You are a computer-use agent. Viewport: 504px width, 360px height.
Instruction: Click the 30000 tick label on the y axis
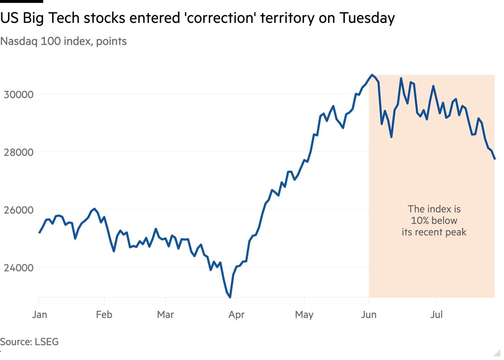tap(19, 94)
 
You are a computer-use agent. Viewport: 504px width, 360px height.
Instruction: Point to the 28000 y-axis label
tap(19, 152)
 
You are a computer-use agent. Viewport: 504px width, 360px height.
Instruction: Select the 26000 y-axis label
tap(19, 210)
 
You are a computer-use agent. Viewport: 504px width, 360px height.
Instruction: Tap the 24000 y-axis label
tap(19, 268)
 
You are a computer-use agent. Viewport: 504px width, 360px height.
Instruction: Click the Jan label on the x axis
tap(40, 315)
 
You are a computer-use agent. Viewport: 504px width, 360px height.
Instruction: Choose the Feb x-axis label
tap(104, 315)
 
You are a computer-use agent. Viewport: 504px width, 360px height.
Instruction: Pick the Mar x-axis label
tap(165, 315)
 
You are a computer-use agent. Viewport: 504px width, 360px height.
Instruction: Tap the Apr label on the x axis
tap(237, 315)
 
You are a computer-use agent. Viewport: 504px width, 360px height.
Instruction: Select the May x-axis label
tap(304, 315)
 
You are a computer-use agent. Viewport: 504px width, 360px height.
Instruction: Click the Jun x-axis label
tap(369, 315)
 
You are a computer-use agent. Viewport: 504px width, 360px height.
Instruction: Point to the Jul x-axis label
tap(436, 315)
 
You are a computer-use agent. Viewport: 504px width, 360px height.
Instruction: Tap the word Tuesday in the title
tap(367, 18)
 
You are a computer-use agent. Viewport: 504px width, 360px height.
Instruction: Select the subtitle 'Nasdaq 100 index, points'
tap(63, 41)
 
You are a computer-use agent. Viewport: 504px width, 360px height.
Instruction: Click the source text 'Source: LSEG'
tap(29, 342)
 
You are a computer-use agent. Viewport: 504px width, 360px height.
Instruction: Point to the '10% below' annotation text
tap(434, 220)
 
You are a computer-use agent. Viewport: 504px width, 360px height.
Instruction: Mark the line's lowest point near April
tap(230, 297)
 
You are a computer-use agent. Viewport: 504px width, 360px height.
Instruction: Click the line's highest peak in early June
tap(372, 75)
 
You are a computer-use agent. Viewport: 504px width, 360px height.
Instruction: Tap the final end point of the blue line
tap(495, 159)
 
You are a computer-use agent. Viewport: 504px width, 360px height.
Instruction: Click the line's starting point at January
tap(40, 233)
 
